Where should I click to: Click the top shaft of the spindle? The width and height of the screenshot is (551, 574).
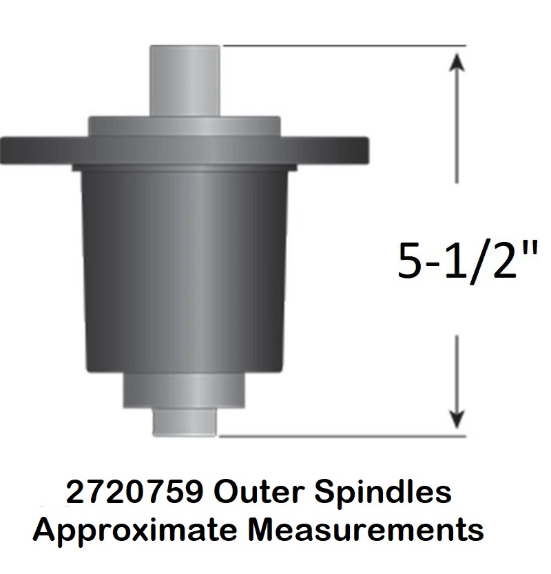pos(185,81)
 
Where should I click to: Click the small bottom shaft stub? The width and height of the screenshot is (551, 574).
pos(185,422)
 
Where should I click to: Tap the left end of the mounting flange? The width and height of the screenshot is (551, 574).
pos(3,151)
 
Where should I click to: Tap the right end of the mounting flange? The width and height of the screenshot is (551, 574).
pos(366,150)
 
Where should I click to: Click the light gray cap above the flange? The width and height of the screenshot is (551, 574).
pos(185,126)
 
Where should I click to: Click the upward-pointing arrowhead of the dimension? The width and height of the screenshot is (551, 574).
pos(456,61)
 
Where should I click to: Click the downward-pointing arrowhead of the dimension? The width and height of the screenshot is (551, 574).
pos(456,419)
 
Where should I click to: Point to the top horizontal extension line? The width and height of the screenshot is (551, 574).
pos(344,45)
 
